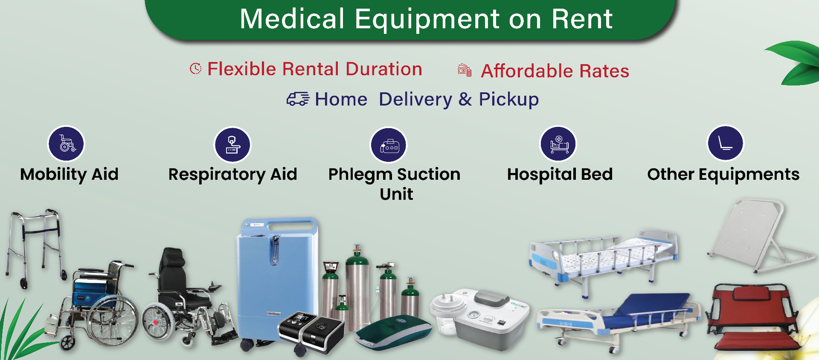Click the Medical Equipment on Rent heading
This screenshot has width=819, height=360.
(x=426, y=19)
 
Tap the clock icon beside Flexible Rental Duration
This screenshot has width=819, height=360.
(x=196, y=69)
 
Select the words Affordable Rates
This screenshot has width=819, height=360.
(x=555, y=71)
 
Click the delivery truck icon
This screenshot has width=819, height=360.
(x=298, y=99)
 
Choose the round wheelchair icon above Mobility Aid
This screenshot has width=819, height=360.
(x=66, y=144)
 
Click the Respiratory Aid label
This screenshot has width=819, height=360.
(x=232, y=174)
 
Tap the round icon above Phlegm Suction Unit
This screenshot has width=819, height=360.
(x=389, y=145)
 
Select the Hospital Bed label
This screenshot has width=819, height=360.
(x=559, y=174)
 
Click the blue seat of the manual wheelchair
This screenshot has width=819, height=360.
(x=89, y=297)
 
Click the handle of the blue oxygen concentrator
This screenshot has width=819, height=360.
(x=290, y=224)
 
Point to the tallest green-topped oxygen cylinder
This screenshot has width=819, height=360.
(x=357, y=287)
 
